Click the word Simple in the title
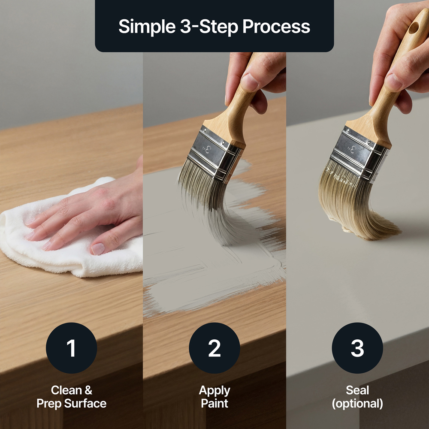click(x=147, y=27)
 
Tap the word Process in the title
click(x=276, y=27)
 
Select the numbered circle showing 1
click(x=71, y=348)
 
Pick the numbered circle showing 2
click(x=214, y=348)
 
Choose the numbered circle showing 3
click(x=357, y=348)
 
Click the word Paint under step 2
click(x=214, y=403)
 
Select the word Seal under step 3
click(x=357, y=390)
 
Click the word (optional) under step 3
click(x=357, y=404)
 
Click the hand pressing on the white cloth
click(x=90, y=211)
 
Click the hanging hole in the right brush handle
click(x=414, y=28)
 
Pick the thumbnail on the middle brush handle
click(x=249, y=82)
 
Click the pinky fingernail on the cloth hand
click(x=98, y=249)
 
